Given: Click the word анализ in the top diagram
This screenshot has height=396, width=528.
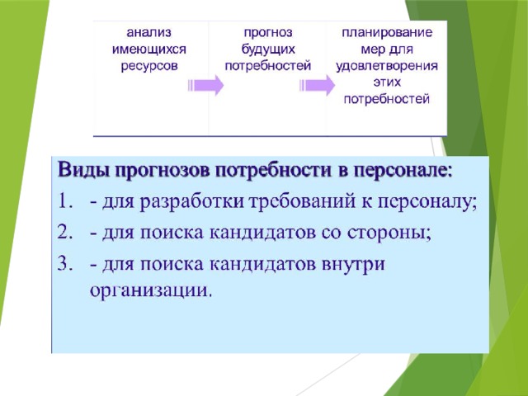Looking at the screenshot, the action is (148, 33).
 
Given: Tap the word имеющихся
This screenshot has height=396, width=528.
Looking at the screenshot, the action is (148, 49).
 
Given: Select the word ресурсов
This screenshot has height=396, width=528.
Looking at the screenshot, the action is (148, 66).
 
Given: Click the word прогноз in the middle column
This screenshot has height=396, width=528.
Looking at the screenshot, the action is (268, 33).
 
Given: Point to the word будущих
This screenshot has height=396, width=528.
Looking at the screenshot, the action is (268, 49).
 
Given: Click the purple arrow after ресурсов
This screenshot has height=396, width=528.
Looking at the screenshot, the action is (205, 85).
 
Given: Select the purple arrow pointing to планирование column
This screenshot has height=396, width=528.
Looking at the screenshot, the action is (317, 85).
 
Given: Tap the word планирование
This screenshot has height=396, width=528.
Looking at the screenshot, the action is (387, 33).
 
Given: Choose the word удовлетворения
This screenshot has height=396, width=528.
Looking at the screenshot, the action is (387, 66).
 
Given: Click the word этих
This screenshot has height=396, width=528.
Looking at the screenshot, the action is (387, 82).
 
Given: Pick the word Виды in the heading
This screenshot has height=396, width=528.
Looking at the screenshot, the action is (84, 171).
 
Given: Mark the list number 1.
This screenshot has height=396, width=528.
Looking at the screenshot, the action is (64, 201).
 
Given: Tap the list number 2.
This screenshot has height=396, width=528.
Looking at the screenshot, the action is (64, 233).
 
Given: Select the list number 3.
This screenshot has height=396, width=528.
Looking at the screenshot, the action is (64, 263).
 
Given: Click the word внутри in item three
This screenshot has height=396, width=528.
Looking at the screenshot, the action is (353, 265).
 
